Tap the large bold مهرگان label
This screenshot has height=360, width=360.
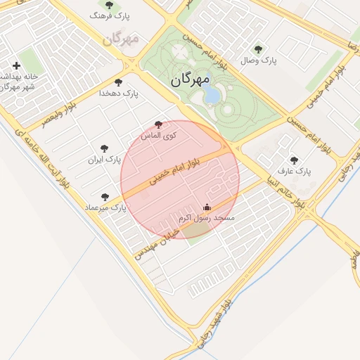tap(190, 81)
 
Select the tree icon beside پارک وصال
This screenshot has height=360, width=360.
tap(258, 49)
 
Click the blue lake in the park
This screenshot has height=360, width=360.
tap(212, 94)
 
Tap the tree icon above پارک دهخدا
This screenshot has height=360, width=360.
tap(118, 82)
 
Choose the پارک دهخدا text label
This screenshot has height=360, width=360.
tap(119, 93)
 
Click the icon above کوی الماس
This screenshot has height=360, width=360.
tap(157, 124)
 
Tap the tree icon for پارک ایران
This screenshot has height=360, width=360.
tap(105, 148)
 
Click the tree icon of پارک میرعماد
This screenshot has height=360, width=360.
tap(105, 197)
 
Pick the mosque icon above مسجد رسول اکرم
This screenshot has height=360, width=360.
tap(207, 208)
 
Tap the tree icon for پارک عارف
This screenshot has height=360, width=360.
tap(294, 160)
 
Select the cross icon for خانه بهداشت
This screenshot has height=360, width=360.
tap(16, 65)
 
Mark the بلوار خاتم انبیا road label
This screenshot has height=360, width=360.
tap(281, 186)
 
